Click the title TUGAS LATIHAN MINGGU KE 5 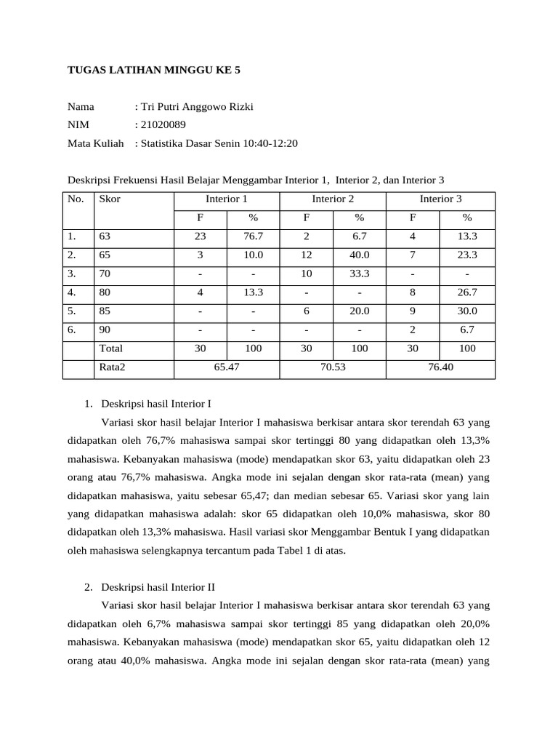tap(153, 71)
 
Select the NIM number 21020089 tap(163, 125)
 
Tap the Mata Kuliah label tap(95, 143)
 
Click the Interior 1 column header tap(227, 199)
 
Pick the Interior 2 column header tap(333, 199)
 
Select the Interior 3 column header tap(440, 199)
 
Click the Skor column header tap(110, 199)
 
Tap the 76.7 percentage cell tap(253, 236)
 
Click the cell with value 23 tap(201, 236)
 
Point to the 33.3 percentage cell tap(359, 274)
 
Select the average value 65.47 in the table tap(227, 367)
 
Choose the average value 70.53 tap(333, 367)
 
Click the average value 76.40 tap(440, 367)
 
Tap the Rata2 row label tap(112, 367)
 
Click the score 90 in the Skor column tap(105, 330)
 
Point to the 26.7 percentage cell tap(467, 292)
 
